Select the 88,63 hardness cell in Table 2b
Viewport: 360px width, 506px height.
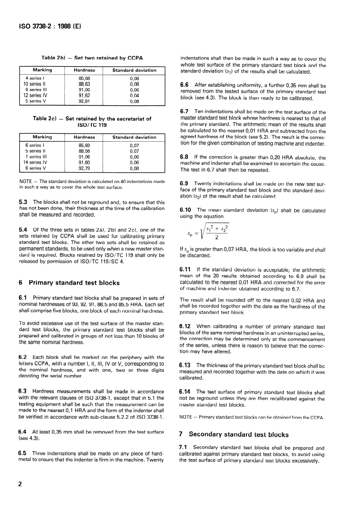click(x=84, y=84)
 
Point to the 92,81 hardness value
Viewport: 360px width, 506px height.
click(x=84, y=101)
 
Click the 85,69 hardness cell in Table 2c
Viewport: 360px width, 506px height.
click(x=84, y=145)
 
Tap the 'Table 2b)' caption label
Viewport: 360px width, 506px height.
click(x=54, y=58)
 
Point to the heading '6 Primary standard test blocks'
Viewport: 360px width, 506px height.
click(x=69, y=283)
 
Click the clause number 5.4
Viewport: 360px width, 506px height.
click(x=24, y=230)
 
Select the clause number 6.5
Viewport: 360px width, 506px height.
click(x=24, y=452)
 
